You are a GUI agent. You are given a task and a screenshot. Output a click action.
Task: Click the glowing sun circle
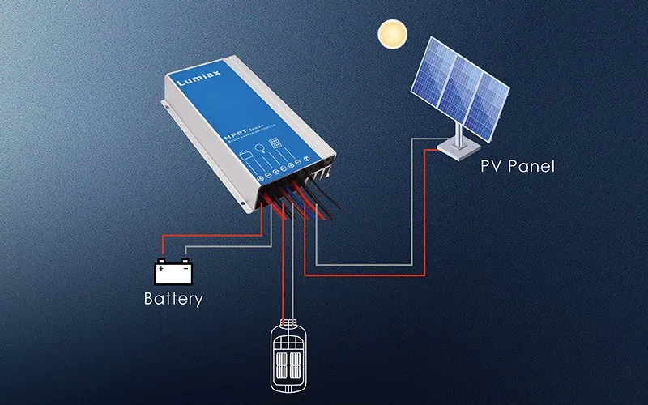tap(392, 34)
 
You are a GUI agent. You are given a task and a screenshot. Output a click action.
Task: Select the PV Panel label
tap(515, 167)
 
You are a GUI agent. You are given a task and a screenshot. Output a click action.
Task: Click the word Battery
tap(173, 298)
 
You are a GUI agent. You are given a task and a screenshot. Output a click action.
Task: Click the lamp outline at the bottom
tap(283, 356)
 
